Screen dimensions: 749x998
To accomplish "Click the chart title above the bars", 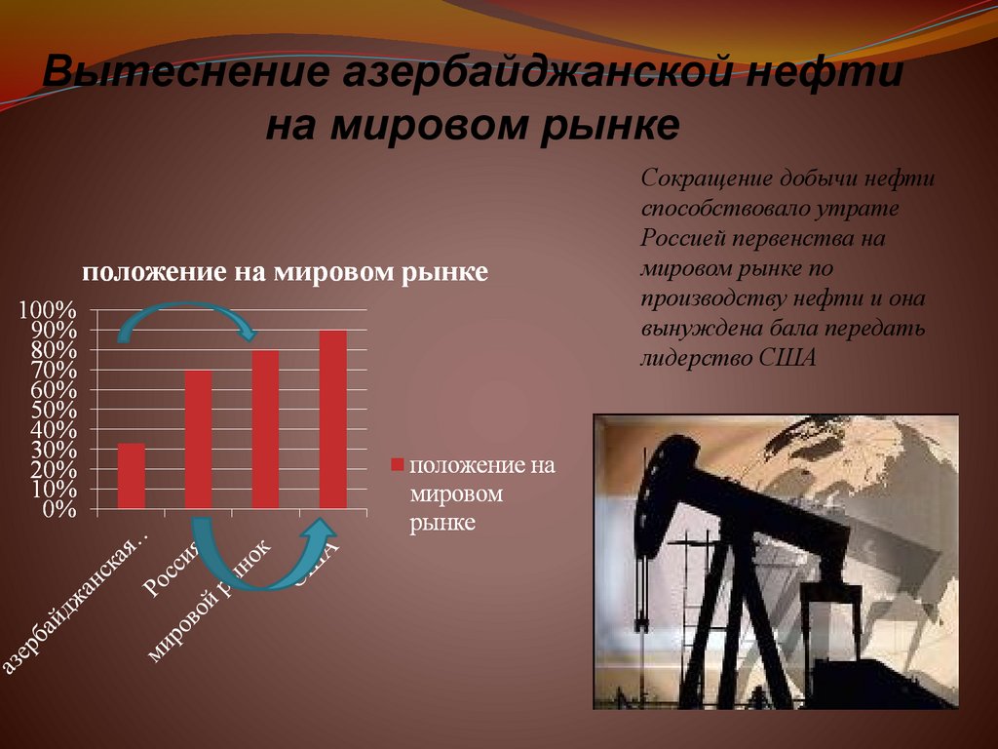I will tap(284, 272).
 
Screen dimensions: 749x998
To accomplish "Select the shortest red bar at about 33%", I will tap(131, 476).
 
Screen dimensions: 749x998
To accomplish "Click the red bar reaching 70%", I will tap(198, 439).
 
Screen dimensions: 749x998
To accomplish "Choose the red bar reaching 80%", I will tap(265, 429).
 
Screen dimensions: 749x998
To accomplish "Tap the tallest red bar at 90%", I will tap(332, 419).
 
